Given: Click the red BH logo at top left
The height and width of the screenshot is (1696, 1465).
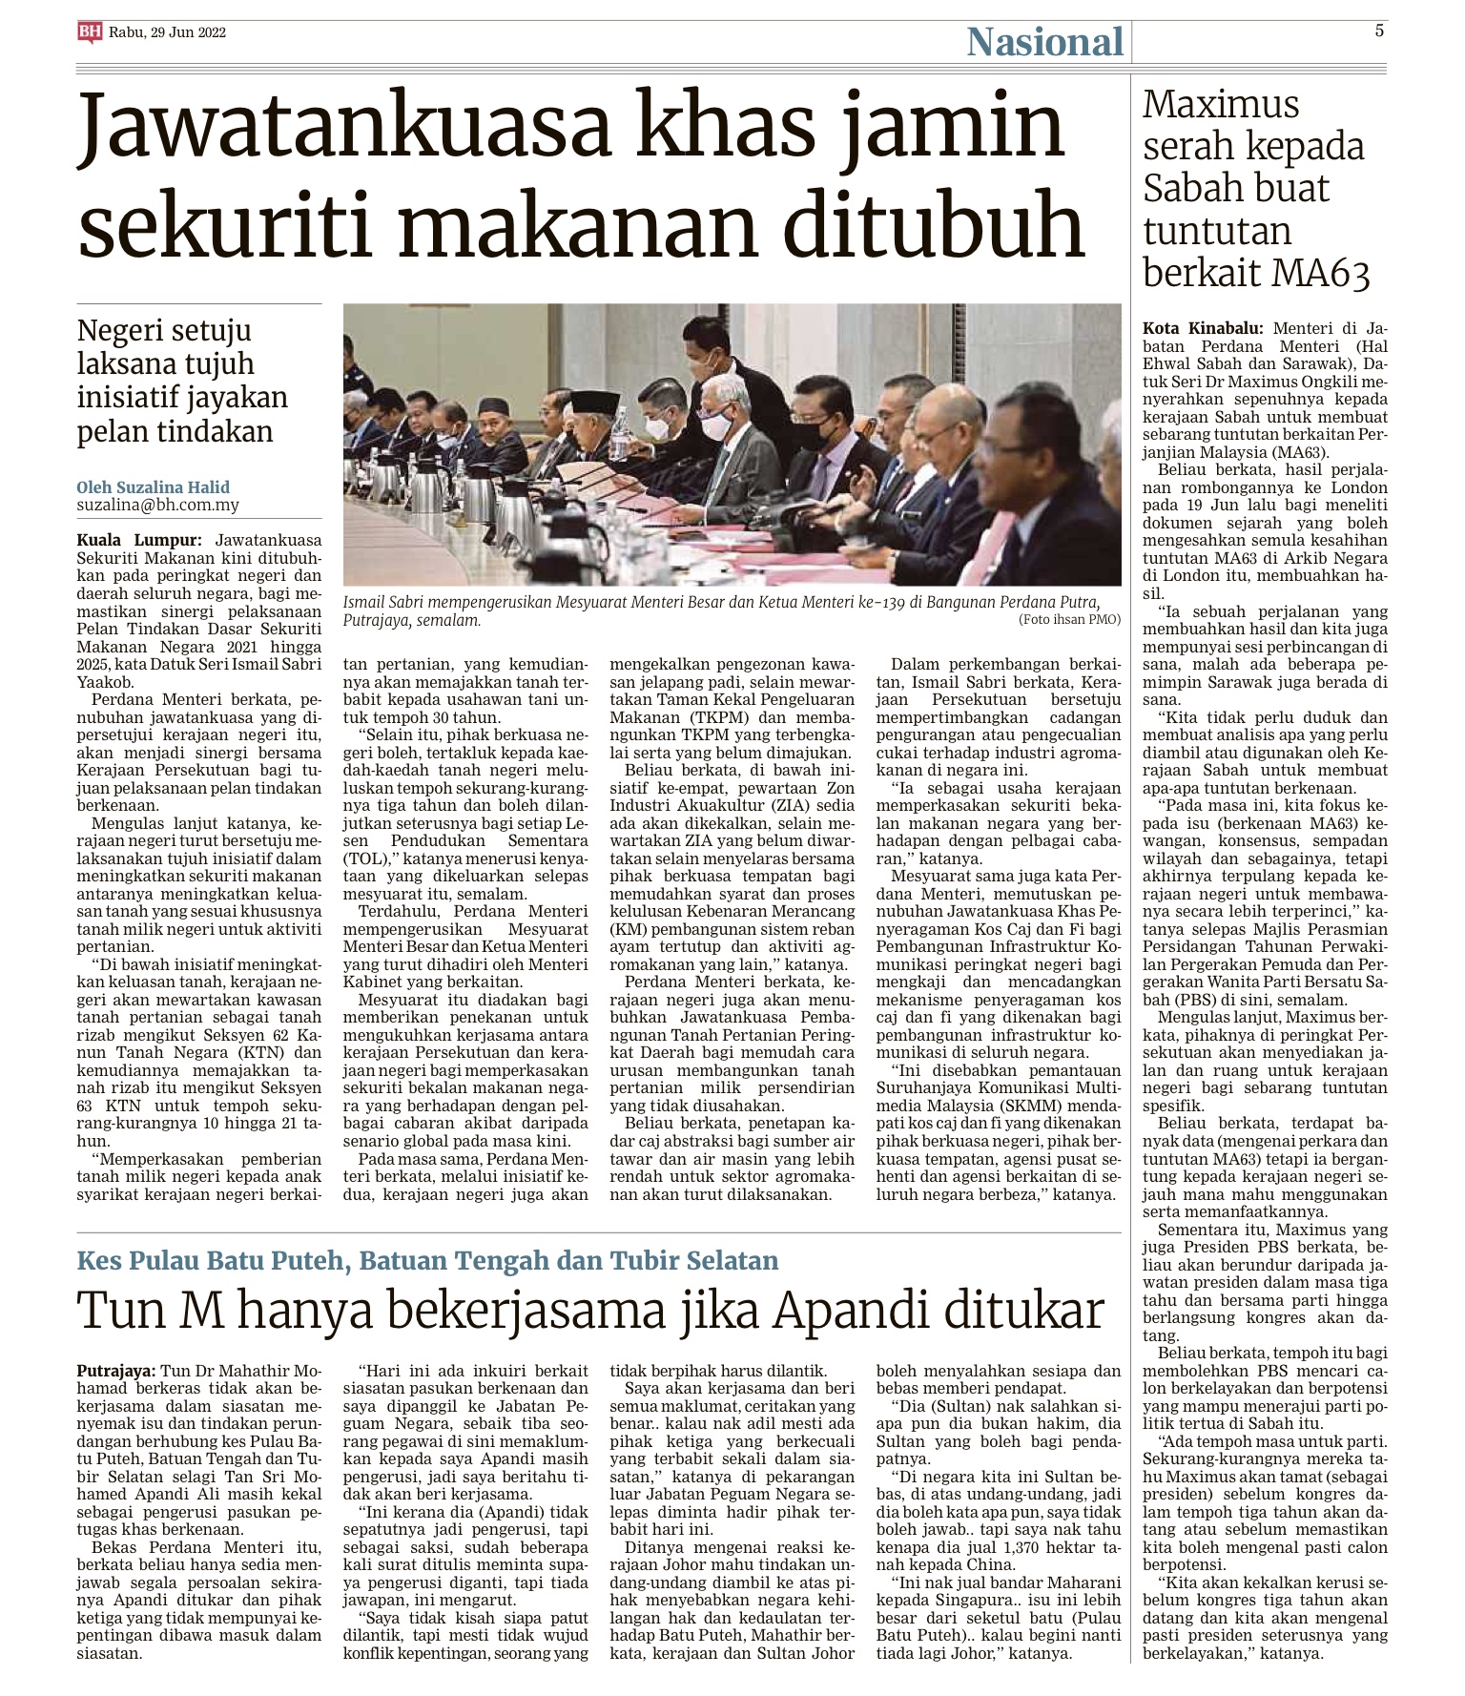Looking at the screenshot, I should pyautogui.click(x=90, y=32).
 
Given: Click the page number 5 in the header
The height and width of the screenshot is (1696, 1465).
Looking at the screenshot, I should pyautogui.click(x=1379, y=31).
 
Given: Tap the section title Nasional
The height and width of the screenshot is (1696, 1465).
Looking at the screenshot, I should pyautogui.click(x=1044, y=42).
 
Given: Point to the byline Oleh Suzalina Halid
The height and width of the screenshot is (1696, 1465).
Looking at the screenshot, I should pyautogui.click(x=153, y=486).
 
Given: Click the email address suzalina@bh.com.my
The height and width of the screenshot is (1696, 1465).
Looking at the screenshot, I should pyautogui.click(x=158, y=506).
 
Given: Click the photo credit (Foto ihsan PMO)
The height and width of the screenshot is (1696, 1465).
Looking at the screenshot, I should pyautogui.click(x=1068, y=619).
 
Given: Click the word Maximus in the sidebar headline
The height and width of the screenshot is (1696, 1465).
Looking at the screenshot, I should pyautogui.click(x=1221, y=104).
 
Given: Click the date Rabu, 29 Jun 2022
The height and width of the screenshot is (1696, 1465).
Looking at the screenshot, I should pyautogui.click(x=167, y=32).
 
